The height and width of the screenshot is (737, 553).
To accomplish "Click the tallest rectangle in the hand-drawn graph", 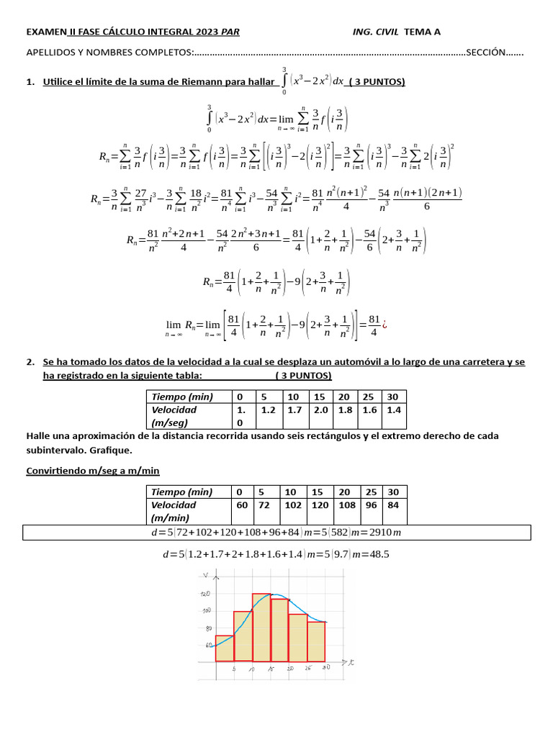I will point(261,626).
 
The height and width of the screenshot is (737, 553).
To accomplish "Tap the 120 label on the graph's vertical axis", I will point(206,594).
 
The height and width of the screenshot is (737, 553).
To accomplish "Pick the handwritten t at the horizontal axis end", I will point(351,661).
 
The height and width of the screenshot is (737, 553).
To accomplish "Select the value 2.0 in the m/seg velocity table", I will point(320,410).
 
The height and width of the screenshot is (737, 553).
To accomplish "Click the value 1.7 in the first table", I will point(295,410).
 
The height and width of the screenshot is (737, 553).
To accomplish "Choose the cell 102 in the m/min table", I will point(294,505).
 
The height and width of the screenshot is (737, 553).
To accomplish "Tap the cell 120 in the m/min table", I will point(320,505).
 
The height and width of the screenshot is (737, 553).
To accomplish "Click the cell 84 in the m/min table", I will point(393,505).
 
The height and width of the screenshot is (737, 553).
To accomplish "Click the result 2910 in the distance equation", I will point(384,533).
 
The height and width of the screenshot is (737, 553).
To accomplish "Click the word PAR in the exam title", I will point(230,32).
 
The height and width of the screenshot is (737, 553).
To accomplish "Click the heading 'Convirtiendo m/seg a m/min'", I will point(93,471).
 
